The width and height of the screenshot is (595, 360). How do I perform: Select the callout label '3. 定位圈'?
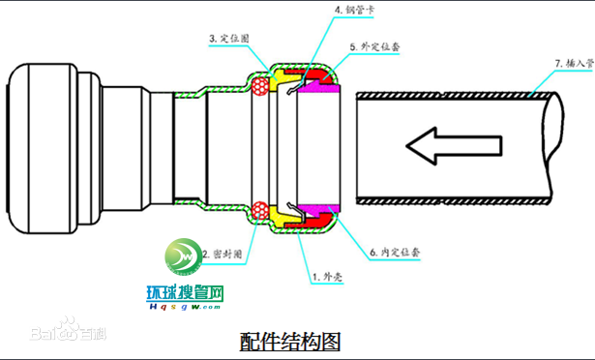pos(229,40)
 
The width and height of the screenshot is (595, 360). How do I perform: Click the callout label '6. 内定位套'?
pos(398,254)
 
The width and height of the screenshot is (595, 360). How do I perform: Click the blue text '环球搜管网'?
pos(185,292)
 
